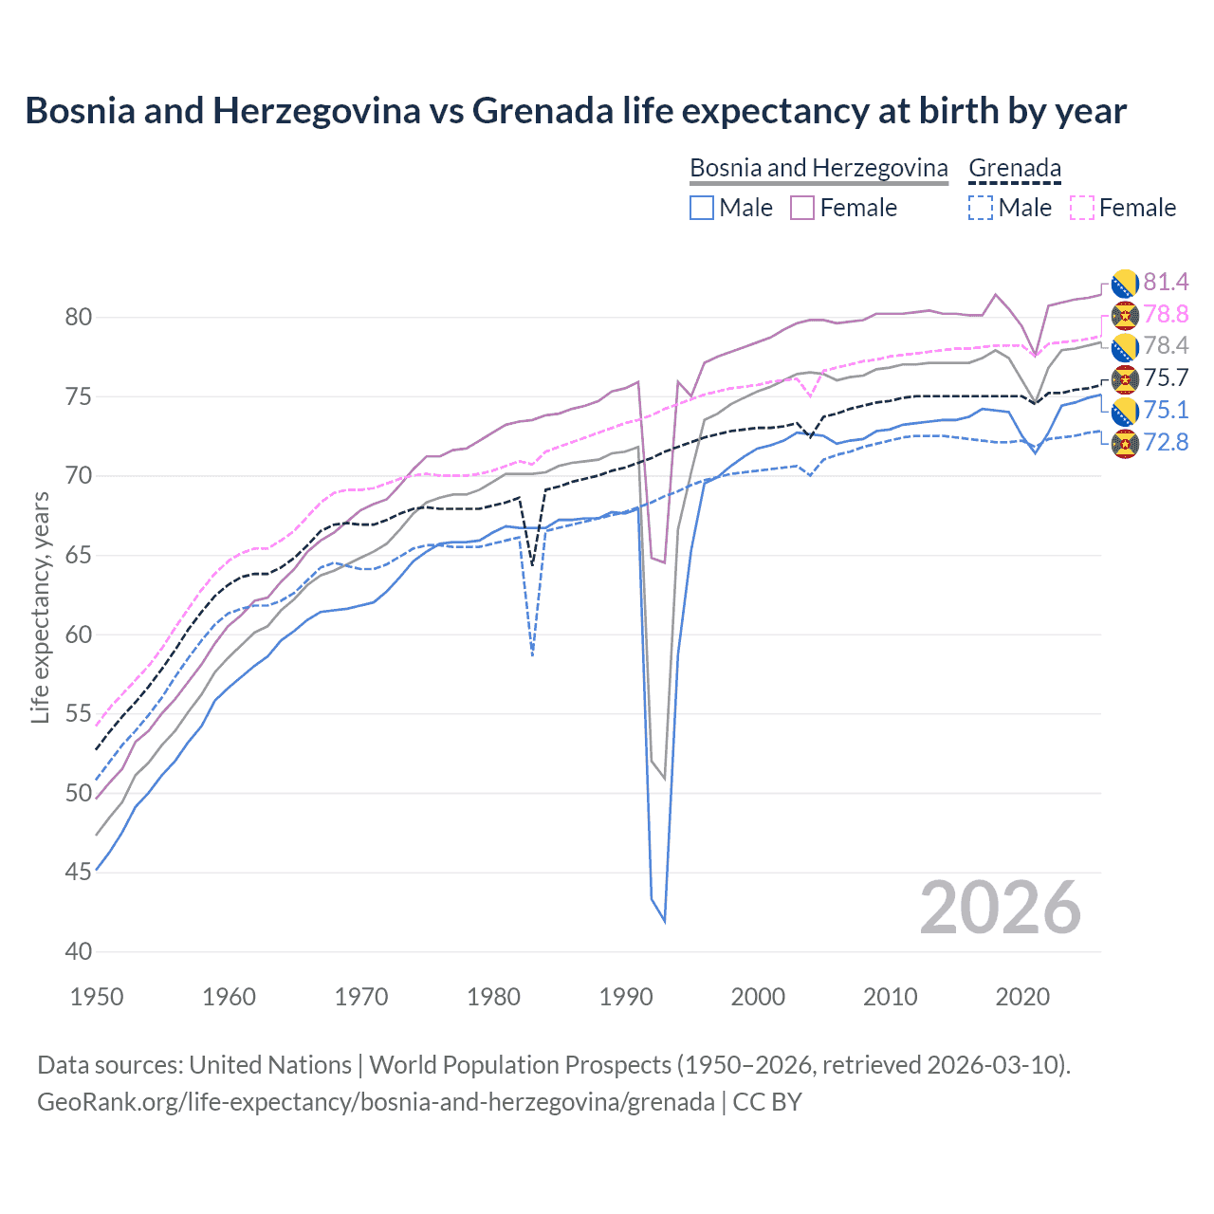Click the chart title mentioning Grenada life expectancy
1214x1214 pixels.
click(x=576, y=111)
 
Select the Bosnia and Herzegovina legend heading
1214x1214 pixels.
click(x=818, y=168)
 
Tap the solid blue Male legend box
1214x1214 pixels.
click(x=701, y=208)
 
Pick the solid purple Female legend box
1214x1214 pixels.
click(x=802, y=208)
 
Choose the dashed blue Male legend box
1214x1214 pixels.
click(x=981, y=208)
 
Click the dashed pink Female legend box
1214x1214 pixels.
click(x=1081, y=208)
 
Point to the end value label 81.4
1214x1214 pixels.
click(x=1166, y=282)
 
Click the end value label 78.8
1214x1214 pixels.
click(x=1166, y=314)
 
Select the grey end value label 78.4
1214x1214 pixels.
click(x=1166, y=345)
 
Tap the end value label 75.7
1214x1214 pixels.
click(x=1166, y=377)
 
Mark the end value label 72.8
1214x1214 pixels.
click(x=1166, y=442)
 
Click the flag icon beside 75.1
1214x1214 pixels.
click(x=1125, y=411)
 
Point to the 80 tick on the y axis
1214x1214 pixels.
click(x=79, y=317)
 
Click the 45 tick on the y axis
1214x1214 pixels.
click(x=79, y=872)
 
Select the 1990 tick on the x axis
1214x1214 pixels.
click(x=626, y=997)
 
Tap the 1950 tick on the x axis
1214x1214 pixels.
click(x=97, y=997)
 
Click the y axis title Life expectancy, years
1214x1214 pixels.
click(x=40, y=607)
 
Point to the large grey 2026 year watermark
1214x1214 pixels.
click(x=1000, y=908)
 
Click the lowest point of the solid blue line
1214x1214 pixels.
click(x=664, y=921)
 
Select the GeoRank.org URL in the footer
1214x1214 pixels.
click(x=376, y=1102)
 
